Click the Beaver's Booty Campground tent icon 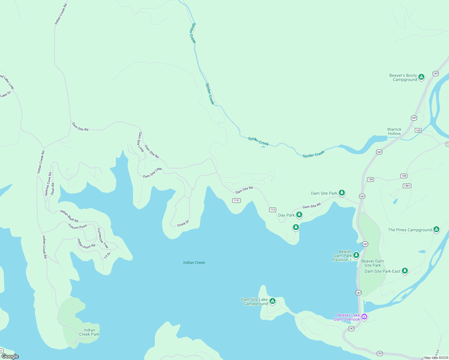421,77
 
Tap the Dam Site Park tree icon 342,193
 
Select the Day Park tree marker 299,214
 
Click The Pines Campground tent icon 436,229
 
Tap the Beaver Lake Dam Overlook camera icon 364,316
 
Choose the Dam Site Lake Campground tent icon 272,301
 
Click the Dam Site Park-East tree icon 405,271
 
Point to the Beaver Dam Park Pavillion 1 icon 356,255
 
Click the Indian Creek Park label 89,332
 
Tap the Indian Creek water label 194,262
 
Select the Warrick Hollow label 394,131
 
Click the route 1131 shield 237,200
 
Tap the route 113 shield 273,210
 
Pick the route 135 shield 418,130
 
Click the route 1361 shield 407,186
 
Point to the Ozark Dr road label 183,223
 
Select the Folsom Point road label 77,226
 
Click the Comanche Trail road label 102,238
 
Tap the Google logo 10,356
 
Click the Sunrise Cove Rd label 48,184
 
